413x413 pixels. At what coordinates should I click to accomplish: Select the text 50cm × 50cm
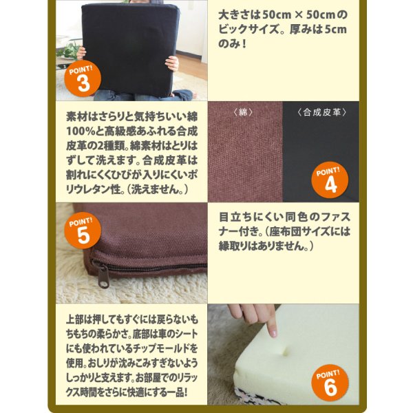coord(297,14)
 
